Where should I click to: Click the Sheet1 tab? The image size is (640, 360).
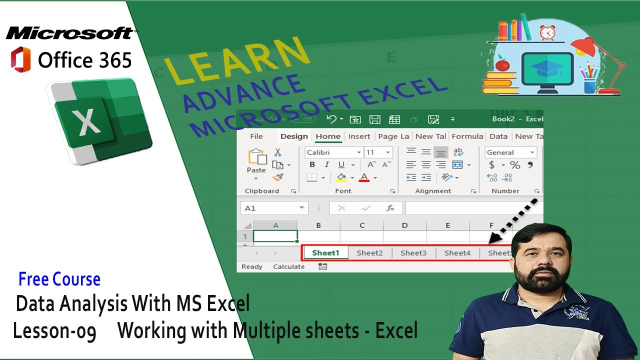pyautogui.click(x=325, y=253)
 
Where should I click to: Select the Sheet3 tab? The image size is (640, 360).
pyautogui.click(x=413, y=253)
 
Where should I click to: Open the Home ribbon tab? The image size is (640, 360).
pyautogui.click(x=328, y=136)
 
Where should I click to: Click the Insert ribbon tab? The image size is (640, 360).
pyautogui.click(x=359, y=136)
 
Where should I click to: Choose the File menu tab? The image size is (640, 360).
pyautogui.click(x=256, y=136)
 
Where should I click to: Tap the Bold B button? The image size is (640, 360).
pyautogui.click(x=312, y=165)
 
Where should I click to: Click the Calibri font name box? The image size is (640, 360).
pyautogui.click(x=331, y=152)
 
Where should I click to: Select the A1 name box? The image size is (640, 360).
pyautogui.click(x=268, y=208)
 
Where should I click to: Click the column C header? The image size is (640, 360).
pyautogui.click(x=361, y=225)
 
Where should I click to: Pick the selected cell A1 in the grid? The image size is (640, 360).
pyautogui.click(x=275, y=236)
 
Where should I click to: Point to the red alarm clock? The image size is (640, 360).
pyautogui.click(x=547, y=32)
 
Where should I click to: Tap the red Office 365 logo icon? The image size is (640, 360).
pyautogui.click(x=20, y=60)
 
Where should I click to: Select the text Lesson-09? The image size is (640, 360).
pyautogui.click(x=54, y=331)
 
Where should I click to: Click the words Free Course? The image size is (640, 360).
pyautogui.click(x=59, y=279)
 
